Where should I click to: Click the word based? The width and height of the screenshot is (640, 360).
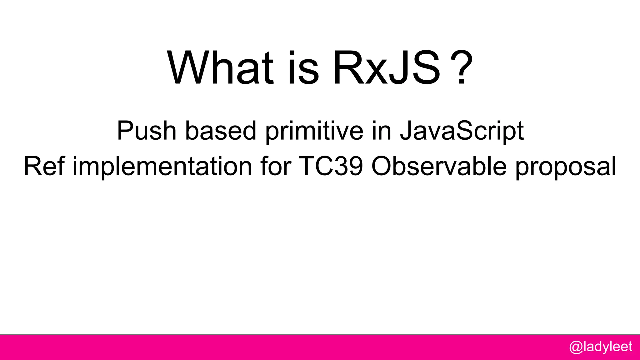click(x=221, y=131)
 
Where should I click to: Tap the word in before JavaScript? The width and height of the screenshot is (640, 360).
click(x=382, y=131)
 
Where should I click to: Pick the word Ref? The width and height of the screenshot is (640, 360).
click(x=44, y=166)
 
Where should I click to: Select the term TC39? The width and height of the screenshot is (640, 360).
click(x=331, y=166)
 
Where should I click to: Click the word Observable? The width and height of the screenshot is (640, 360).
click(x=439, y=166)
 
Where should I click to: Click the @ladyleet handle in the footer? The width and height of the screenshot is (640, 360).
click(x=601, y=347)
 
